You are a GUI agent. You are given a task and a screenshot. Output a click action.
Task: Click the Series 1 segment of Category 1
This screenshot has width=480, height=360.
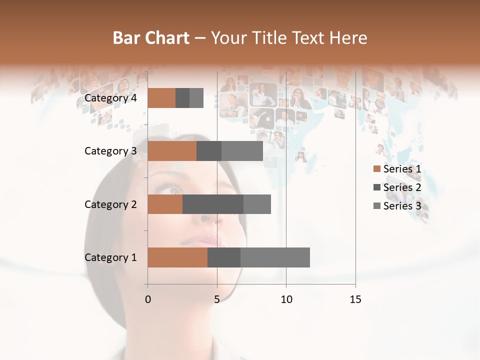[177, 257]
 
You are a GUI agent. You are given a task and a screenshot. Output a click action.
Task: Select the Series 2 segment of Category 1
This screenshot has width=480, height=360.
[224, 257]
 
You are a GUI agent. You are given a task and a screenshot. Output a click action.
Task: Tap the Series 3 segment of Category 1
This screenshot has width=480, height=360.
[275, 257]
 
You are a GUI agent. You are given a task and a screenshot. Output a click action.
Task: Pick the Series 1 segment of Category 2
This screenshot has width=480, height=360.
[165, 204]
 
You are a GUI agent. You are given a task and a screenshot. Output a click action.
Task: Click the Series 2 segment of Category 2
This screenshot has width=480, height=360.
[213, 204]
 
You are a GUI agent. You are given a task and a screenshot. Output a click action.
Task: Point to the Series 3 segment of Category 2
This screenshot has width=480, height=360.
[257, 204]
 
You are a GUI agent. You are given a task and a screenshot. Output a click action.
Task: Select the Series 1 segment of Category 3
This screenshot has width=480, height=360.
[172, 151]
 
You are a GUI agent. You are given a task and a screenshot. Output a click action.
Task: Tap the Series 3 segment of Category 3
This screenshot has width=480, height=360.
[242, 151]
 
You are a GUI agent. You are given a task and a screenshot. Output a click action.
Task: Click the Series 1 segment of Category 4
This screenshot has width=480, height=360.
[161, 98]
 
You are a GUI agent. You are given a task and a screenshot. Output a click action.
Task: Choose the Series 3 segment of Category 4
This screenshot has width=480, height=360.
[196, 98]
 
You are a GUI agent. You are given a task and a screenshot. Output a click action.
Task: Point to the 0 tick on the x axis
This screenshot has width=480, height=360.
[147, 299]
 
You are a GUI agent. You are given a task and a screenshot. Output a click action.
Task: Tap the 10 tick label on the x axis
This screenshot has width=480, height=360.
[286, 299]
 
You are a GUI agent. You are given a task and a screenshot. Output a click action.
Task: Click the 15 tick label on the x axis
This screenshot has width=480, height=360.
[355, 299]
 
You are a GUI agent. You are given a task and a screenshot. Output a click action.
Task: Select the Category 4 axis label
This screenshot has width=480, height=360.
[110, 98]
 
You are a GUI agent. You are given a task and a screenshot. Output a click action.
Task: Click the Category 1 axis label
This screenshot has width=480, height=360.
[110, 257]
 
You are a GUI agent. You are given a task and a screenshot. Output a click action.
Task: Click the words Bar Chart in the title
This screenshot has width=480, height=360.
[151, 38]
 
